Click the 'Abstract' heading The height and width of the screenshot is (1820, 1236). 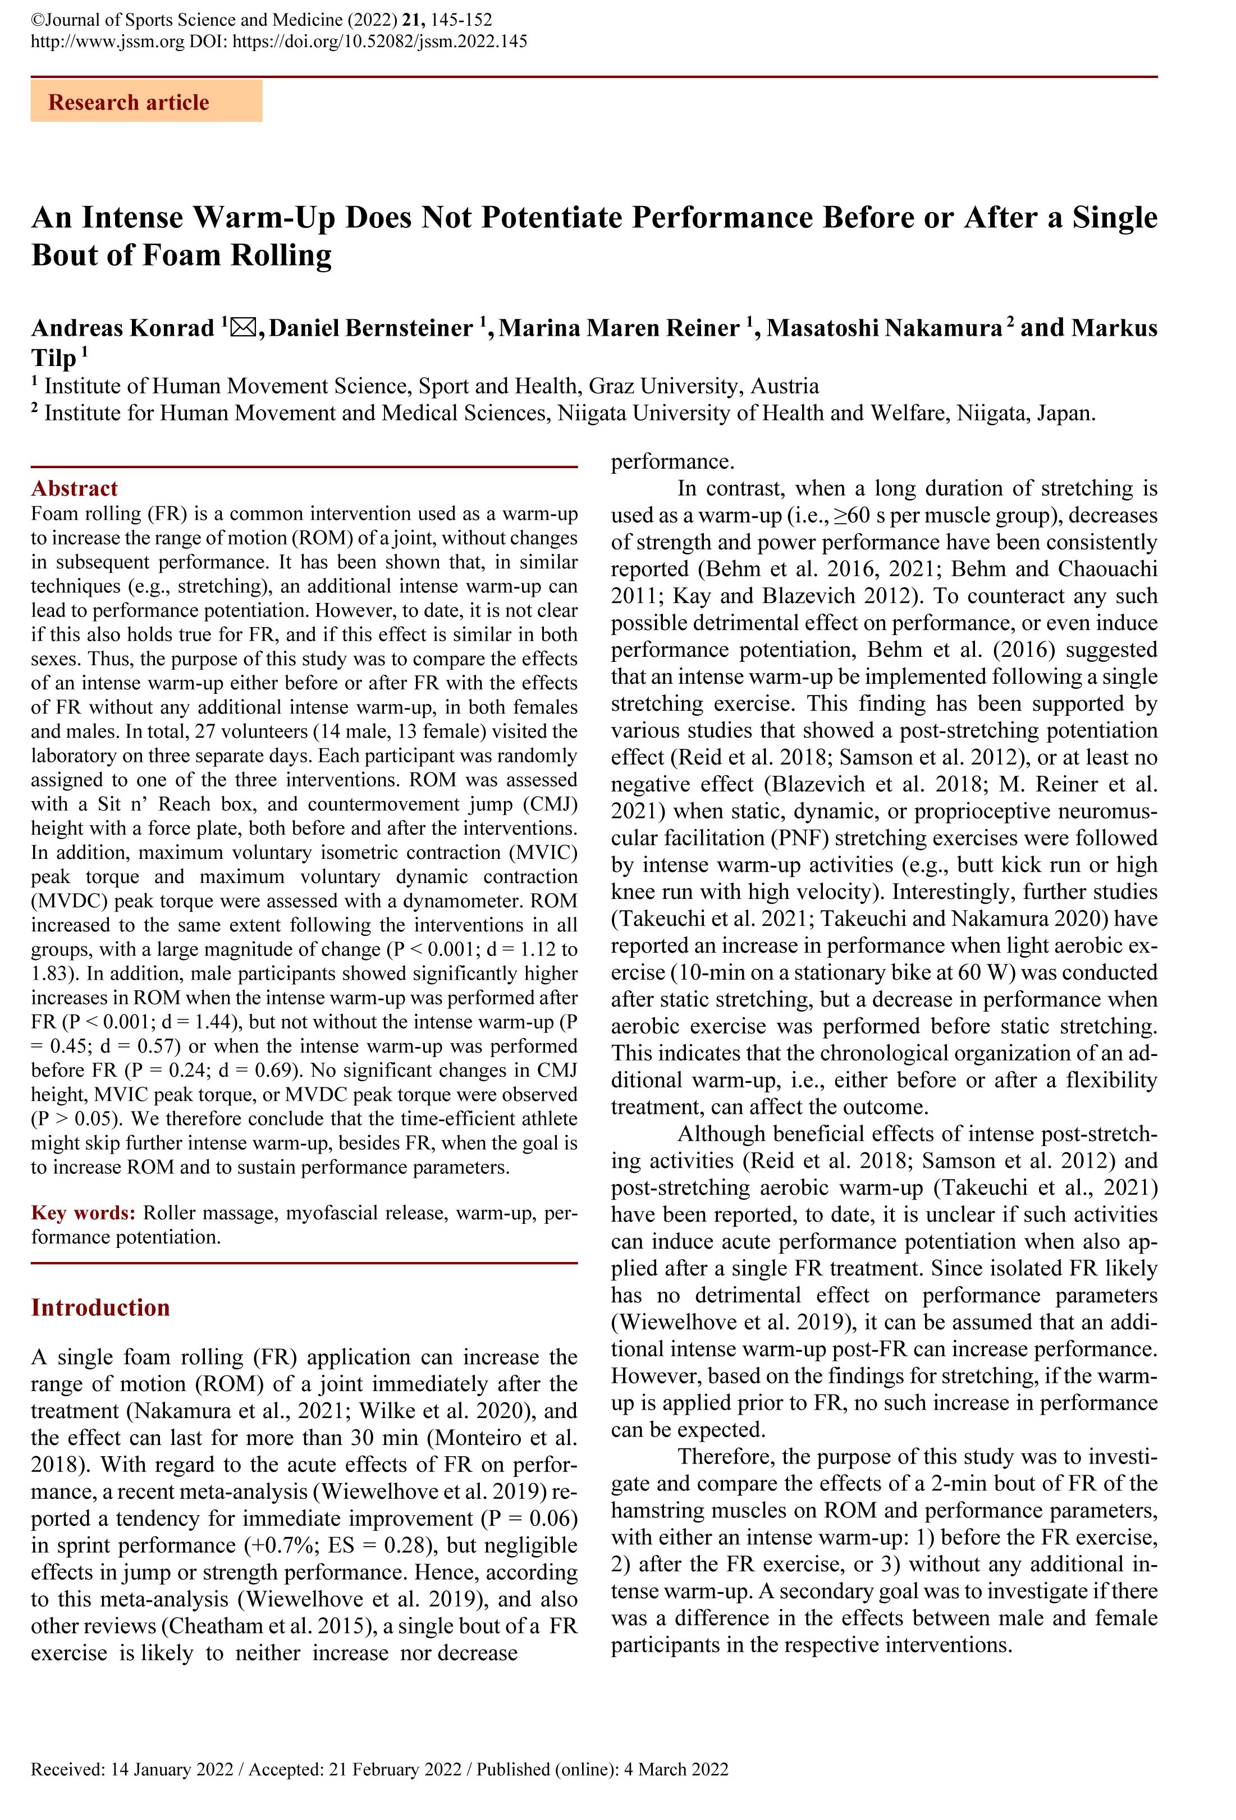pos(75,488)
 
